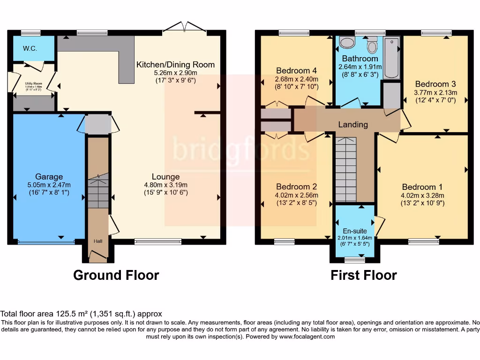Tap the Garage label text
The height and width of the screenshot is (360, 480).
click(49, 177)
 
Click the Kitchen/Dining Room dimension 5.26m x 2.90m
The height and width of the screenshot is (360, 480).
click(175, 73)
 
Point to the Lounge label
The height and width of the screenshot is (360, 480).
click(165, 177)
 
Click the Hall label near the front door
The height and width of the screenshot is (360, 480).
click(97, 241)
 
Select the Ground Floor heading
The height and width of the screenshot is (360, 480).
click(116, 275)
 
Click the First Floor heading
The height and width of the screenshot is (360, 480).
click(364, 275)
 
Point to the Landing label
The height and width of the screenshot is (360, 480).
click(353, 125)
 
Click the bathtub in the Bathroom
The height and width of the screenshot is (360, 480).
click(391, 58)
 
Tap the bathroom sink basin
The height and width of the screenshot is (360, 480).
click(347, 43)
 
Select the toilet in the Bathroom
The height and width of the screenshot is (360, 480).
click(373, 46)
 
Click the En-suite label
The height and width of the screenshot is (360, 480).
click(354, 231)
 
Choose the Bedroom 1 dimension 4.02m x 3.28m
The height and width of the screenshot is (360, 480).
click(422, 195)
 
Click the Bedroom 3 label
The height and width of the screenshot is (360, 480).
click(435, 84)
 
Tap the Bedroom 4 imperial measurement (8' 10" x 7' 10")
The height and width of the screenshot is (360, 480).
click(297, 87)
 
